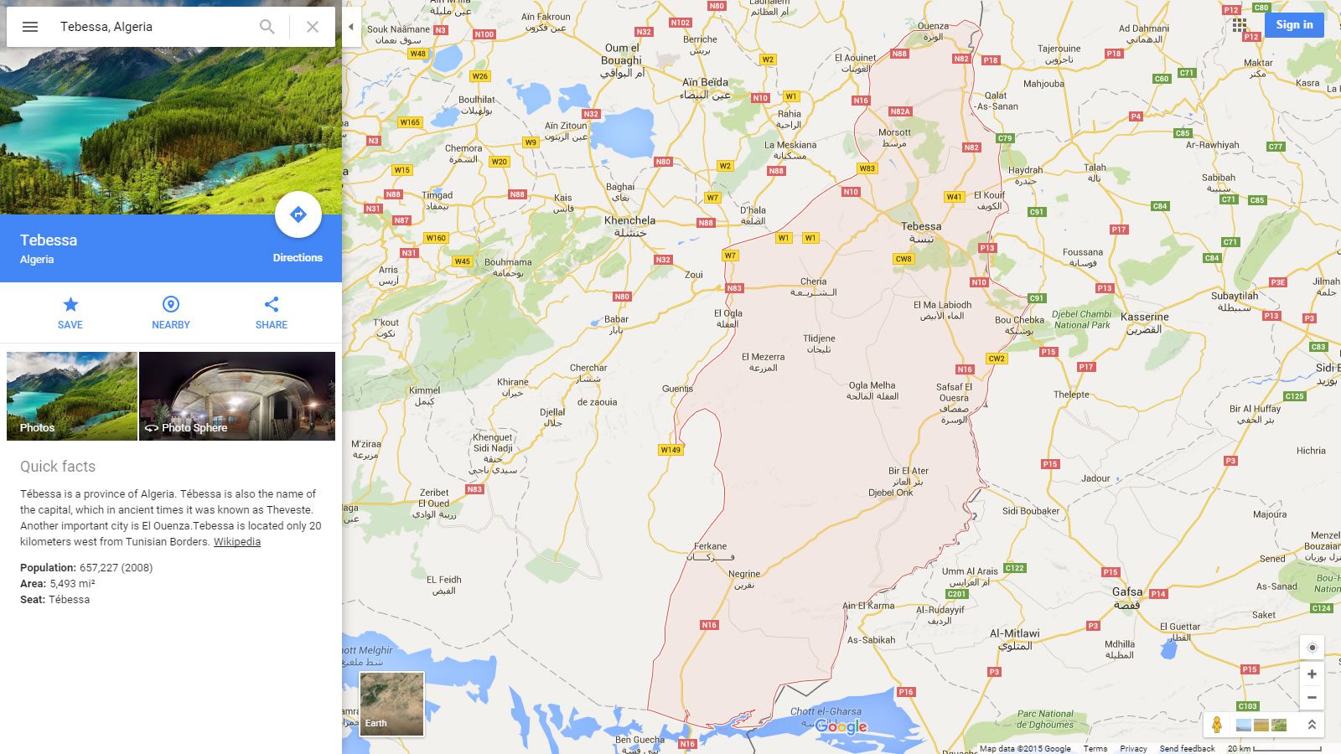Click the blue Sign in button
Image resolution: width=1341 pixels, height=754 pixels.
(x=1294, y=25)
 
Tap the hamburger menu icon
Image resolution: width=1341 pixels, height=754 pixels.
(x=30, y=27)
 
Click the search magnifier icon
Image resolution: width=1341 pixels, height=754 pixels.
(x=267, y=27)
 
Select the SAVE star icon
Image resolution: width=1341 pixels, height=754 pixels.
(x=70, y=305)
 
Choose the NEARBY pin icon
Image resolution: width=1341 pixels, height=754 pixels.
(x=171, y=305)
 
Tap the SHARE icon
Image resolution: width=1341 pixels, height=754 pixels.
(x=272, y=305)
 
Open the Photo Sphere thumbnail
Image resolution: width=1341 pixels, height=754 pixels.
(x=237, y=395)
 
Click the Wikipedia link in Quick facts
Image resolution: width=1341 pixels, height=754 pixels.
(x=237, y=542)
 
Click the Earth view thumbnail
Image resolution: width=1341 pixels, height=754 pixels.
(x=391, y=704)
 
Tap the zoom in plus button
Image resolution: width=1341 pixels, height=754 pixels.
(x=1312, y=674)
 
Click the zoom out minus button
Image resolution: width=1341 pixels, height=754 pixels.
(x=1312, y=698)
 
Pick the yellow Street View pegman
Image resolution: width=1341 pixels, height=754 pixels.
(x=1217, y=725)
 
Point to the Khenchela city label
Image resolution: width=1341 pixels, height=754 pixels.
(x=629, y=221)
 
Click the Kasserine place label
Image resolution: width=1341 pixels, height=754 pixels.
(x=1145, y=318)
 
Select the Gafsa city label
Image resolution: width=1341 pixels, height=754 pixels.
(x=1126, y=592)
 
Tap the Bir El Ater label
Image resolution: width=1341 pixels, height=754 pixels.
(x=909, y=471)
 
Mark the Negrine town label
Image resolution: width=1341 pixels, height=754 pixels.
(x=744, y=575)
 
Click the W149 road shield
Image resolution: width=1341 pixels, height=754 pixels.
(x=670, y=450)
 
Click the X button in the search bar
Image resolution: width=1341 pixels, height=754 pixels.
(x=313, y=27)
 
